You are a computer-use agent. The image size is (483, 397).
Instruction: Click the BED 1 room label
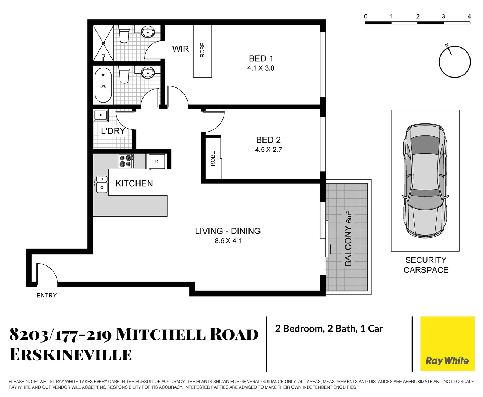(261, 59)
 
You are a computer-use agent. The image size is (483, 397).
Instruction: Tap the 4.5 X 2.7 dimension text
(268, 150)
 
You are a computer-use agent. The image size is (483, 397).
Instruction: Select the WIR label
(180, 49)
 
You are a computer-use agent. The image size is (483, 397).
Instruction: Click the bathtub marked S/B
(103, 85)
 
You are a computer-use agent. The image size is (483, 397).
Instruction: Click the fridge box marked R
(157, 161)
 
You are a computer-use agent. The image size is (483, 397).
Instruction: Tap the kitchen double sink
(102, 183)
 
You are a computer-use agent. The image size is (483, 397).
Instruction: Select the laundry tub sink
(100, 115)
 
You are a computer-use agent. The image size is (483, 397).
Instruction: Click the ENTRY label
(47, 295)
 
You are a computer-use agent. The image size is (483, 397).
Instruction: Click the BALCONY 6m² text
(348, 239)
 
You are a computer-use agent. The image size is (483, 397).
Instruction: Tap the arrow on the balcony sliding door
(331, 250)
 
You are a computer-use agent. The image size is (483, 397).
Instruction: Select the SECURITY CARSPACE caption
(426, 265)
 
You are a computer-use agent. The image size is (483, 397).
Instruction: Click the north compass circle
(455, 62)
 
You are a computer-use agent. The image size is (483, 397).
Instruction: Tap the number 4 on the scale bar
(469, 17)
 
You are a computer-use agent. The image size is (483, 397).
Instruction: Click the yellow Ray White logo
(447, 344)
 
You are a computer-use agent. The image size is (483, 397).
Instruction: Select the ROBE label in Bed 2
(213, 159)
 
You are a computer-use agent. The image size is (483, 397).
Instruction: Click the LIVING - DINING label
(228, 231)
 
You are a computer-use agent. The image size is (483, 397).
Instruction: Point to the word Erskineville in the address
(70, 355)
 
